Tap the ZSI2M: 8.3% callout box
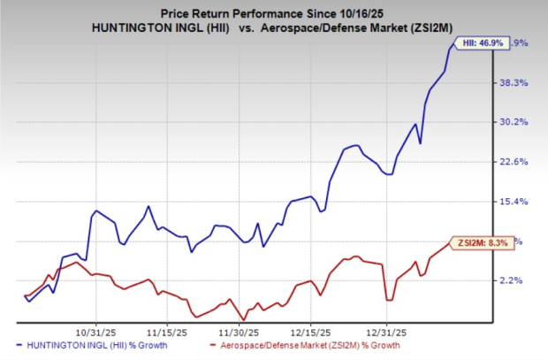481,240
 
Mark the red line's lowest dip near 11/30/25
242,319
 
